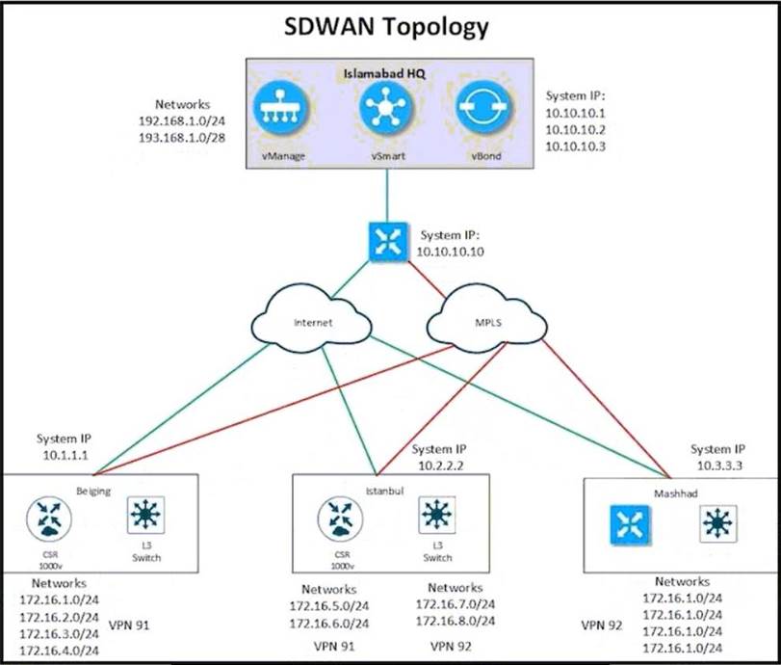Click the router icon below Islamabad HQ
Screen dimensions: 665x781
pyautogui.click(x=388, y=242)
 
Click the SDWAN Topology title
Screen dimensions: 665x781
pyautogui.click(x=386, y=27)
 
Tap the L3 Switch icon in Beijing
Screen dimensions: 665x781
pyautogui.click(x=145, y=516)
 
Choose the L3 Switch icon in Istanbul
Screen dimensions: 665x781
pyautogui.click(x=437, y=516)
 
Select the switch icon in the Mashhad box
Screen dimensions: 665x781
pyautogui.click(x=717, y=524)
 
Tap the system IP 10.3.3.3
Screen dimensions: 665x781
pyautogui.click(x=719, y=466)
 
